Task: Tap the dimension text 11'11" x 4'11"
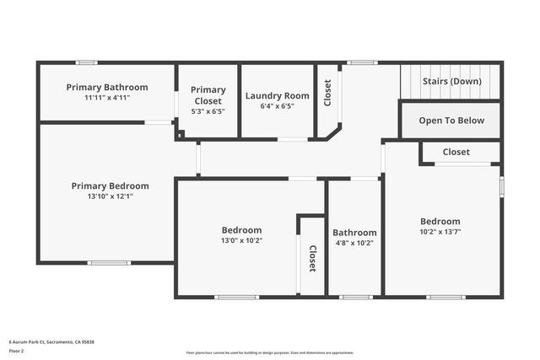tap(106, 98)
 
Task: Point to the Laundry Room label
tap(278, 95)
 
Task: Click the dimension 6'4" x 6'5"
tap(278, 106)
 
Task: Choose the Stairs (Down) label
tap(451, 81)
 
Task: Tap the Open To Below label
tap(451, 121)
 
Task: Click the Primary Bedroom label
tap(110, 185)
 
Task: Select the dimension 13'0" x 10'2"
tap(241, 240)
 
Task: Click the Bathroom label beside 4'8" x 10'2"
tap(354, 233)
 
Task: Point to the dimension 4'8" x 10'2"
tap(354, 243)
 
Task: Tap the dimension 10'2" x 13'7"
tap(440, 232)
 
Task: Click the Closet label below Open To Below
tap(456, 152)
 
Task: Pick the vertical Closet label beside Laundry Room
tap(327, 93)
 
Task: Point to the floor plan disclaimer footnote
tap(270, 353)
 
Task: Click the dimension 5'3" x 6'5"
tap(208, 110)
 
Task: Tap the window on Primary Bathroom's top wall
tap(86, 62)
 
